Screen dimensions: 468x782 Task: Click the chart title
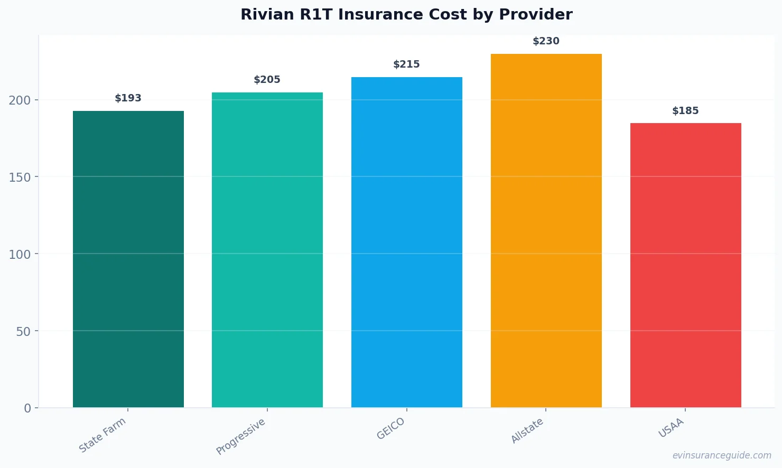pyautogui.click(x=406, y=14)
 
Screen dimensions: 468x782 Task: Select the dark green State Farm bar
pyautogui.click(x=128, y=259)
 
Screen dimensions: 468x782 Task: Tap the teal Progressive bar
pyautogui.click(x=267, y=250)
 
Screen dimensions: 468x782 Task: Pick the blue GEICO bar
pyautogui.click(x=407, y=242)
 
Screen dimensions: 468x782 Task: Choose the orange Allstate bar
pyautogui.click(x=546, y=230)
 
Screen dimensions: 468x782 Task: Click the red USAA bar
pyautogui.click(x=686, y=265)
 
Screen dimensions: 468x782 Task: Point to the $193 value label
pyautogui.click(x=128, y=98)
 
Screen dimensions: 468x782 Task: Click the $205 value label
pyautogui.click(x=267, y=80)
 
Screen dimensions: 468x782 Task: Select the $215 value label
pyautogui.click(x=406, y=64)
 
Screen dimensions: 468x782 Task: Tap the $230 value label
pyautogui.click(x=546, y=41)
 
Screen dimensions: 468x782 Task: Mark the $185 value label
pyautogui.click(x=685, y=111)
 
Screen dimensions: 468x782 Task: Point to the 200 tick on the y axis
pyautogui.click(x=20, y=100)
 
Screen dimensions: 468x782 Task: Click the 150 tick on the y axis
pyautogui.click(x=20, y=177)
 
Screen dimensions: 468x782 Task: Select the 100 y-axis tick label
pyautogui.click(x=20, y=255)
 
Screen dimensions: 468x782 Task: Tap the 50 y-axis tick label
pyautogui.click(x=23, y=332)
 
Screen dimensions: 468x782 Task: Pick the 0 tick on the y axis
pyautogui.click(x=27, y=408)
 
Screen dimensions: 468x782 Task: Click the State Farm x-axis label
pyautogui.click(x=103, y=435)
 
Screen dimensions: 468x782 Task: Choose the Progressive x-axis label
pyautogui.click(x=241, y=436)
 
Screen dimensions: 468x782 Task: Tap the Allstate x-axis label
pyautogui.click(x=527, y=430)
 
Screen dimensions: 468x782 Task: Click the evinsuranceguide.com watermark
pyautogui.click(x=722, y=455)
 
